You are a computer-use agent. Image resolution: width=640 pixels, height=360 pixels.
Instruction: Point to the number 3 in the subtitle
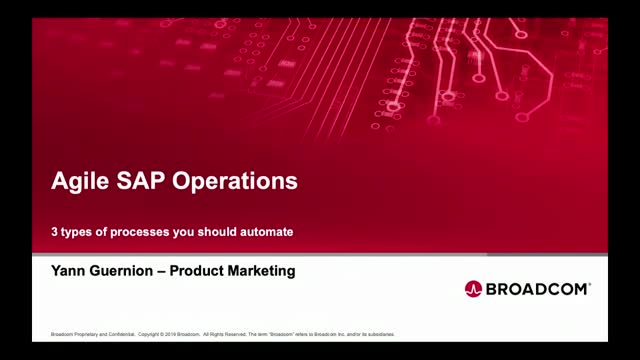tap(55, 231)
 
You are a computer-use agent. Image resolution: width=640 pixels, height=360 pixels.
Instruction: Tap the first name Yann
tap(71, 270)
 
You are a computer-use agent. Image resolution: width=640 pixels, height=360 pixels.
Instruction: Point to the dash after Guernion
tap(179, 270)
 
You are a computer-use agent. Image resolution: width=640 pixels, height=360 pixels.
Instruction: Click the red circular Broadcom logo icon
tap(474, 289)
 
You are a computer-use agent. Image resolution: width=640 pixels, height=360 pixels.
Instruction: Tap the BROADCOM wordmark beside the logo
tap(540, 289)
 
